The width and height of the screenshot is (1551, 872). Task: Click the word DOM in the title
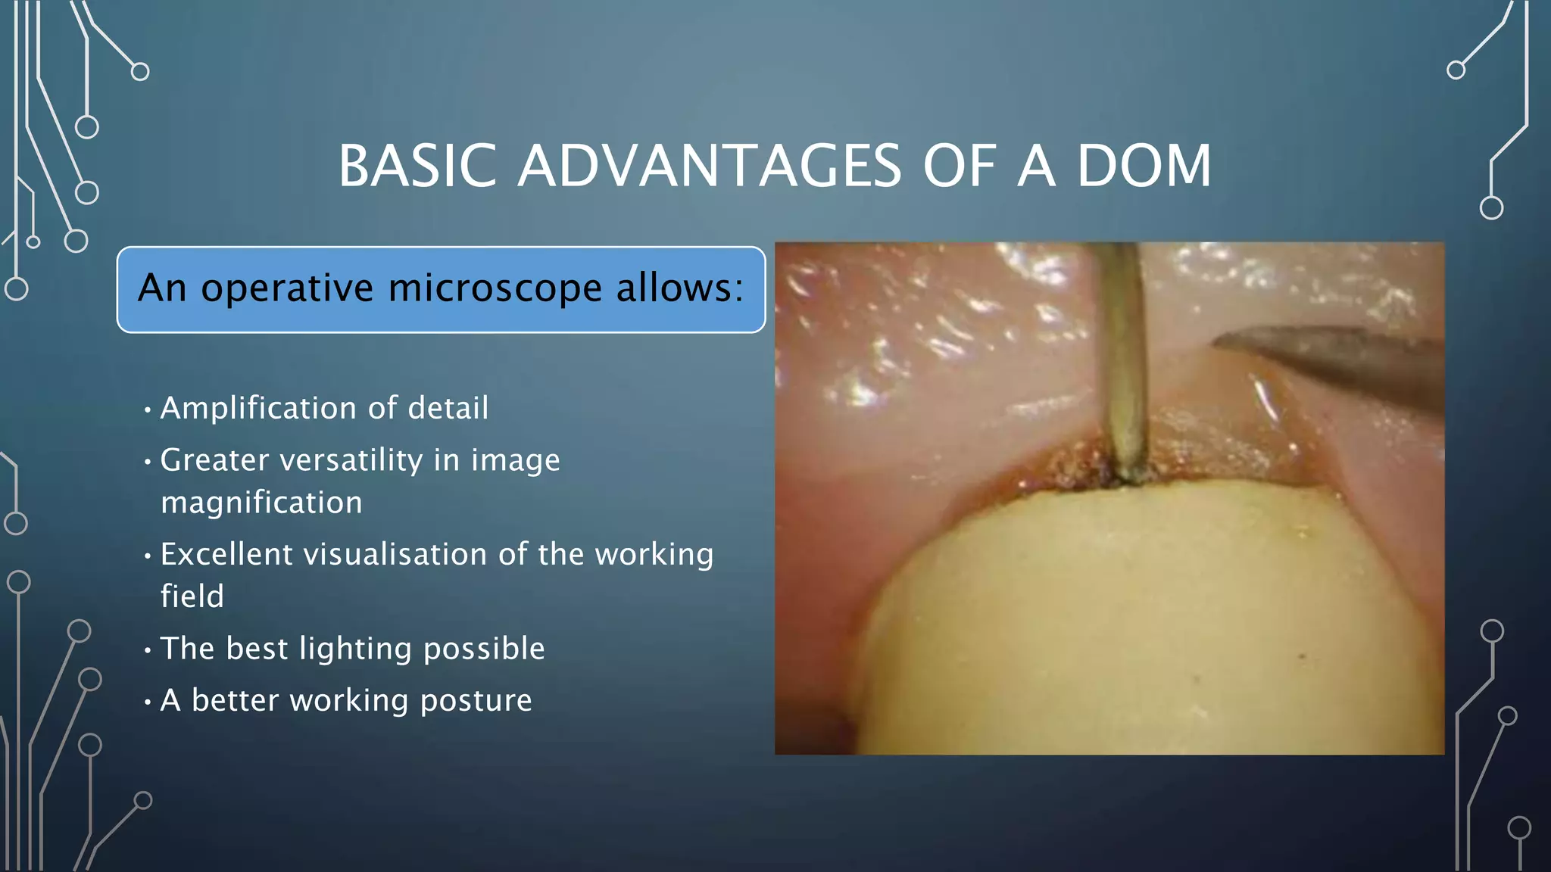click(x=1144, y=166)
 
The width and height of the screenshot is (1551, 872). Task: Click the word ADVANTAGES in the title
click(x=710, y=166)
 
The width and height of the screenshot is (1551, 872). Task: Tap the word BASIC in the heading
click(x=417, y=166)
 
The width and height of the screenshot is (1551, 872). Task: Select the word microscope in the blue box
click(x=495, y=288)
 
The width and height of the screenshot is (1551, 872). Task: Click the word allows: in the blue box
click(x=679, y=288)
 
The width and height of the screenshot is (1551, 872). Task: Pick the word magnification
click(x=261, y=503)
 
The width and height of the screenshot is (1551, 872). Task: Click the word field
click(x=192, y=596)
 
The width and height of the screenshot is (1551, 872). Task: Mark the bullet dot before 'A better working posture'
click(x=148, y=702)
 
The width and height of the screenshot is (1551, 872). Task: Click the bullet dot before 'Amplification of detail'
click(x=148, y=410)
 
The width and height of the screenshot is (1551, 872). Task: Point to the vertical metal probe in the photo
click(x=1124, y=356)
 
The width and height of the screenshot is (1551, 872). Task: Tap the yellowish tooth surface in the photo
click(x=1136, y=621)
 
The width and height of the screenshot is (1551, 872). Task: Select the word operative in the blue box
click(x=287, y=288)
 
